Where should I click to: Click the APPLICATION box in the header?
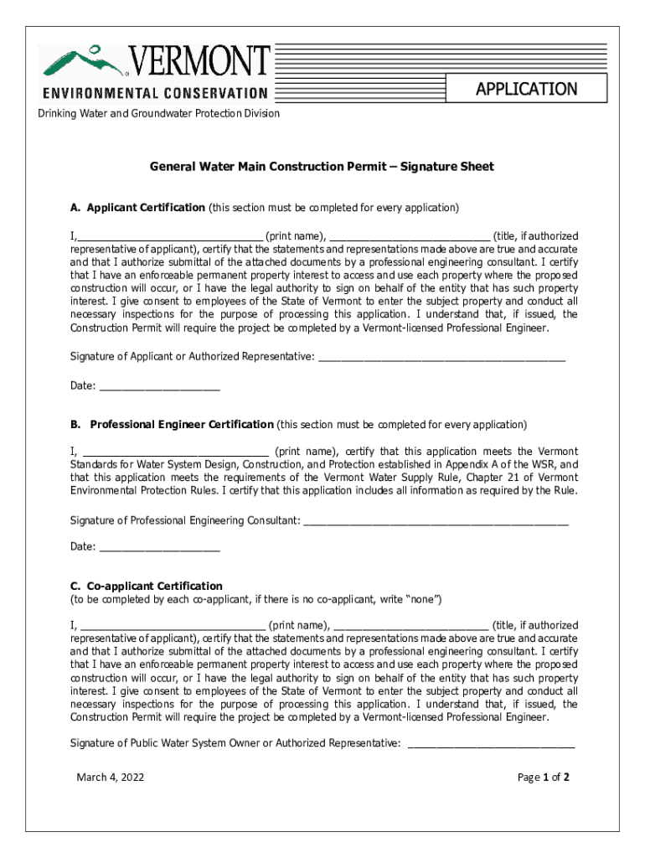click(526, 89)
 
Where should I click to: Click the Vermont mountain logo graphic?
click(84, 61)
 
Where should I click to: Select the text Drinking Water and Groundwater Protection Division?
click(159, 113)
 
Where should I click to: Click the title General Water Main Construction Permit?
click(322, 167)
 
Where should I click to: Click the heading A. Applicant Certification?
click(137, 207)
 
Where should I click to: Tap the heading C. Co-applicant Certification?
click(147, 586)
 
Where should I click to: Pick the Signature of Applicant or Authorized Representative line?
click(441, 358)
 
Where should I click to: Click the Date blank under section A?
click(159, 387)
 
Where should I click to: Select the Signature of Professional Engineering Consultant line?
click(436, 521)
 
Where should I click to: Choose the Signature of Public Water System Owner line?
click(491, 743)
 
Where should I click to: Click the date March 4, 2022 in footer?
click(111, 777)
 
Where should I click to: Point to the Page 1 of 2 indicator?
click(544, 777)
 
